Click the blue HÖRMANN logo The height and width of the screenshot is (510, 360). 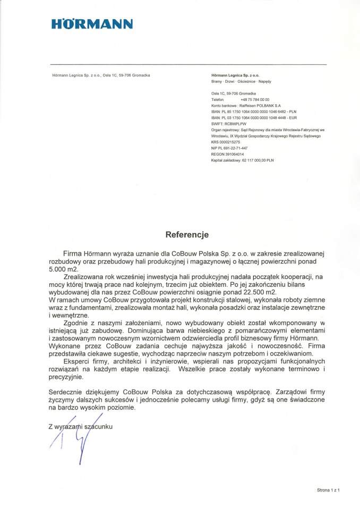tap(92, 24)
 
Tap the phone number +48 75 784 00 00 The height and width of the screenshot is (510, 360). tap(255, 100)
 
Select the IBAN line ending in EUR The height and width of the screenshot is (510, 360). tap(254, 118)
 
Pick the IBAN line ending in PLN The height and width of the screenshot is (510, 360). tap(254, 112)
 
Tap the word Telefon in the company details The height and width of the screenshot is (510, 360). tap(218, 100)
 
